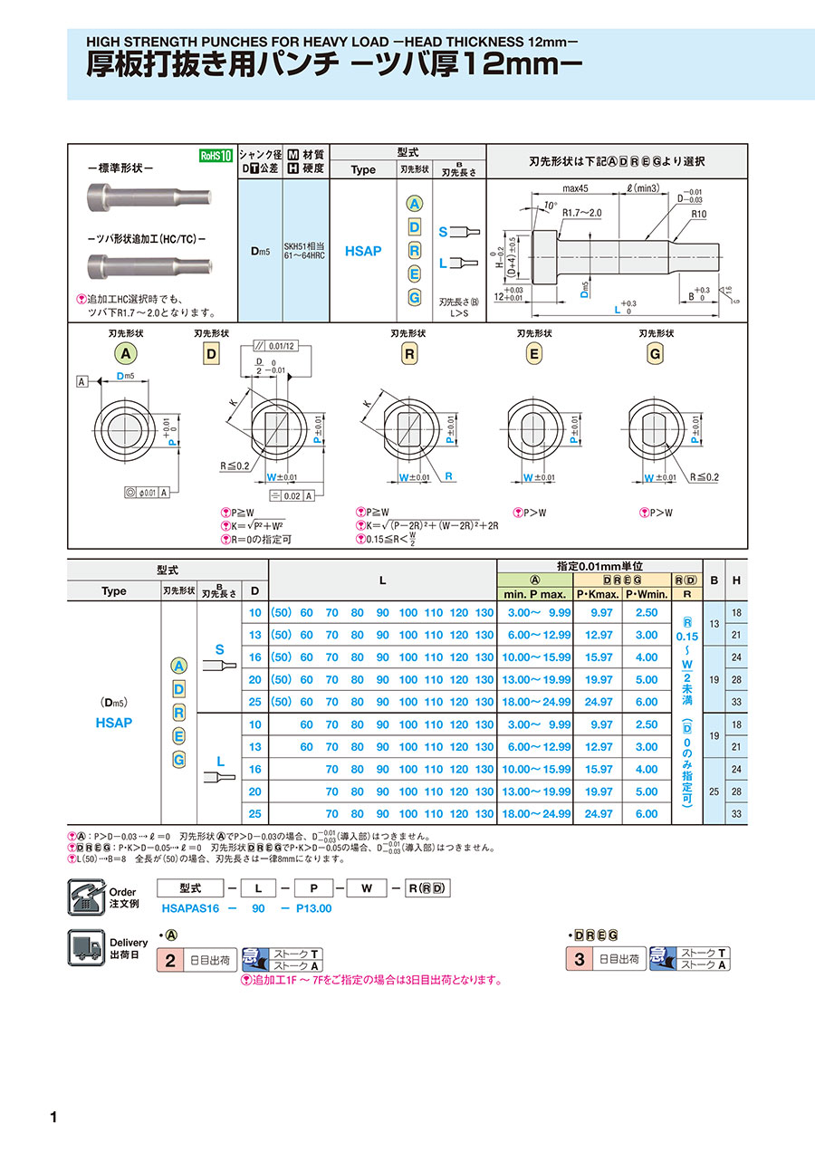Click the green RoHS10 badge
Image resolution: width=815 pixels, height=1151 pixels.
(x=216, y=155)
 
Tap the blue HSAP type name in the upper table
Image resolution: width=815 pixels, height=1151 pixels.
(x=363, y=251)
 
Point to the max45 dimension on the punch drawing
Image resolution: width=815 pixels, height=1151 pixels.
(x=575, y=188)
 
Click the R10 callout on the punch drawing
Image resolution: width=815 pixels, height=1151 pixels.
(x=697, y=215)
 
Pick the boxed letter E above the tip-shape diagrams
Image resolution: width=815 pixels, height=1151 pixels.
(x=533, y=353)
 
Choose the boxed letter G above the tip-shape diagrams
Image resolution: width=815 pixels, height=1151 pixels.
(x=655, y=353)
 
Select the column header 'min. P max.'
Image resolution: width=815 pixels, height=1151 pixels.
(x=534, y=594)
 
